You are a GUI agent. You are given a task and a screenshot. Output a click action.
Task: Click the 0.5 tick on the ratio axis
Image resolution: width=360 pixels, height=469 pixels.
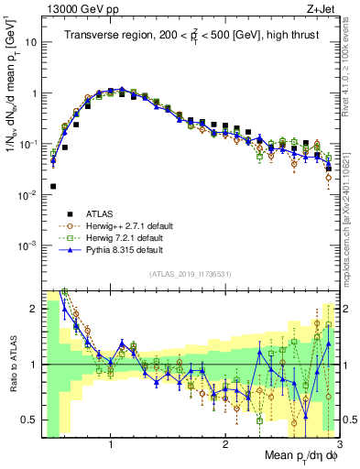(x=31, y=420)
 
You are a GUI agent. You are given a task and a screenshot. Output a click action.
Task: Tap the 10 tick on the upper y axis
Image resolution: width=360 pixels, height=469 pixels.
(x=31, y=42)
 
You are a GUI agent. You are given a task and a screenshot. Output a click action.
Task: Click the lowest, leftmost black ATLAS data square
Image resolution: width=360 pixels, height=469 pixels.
(x=53, y=186)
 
